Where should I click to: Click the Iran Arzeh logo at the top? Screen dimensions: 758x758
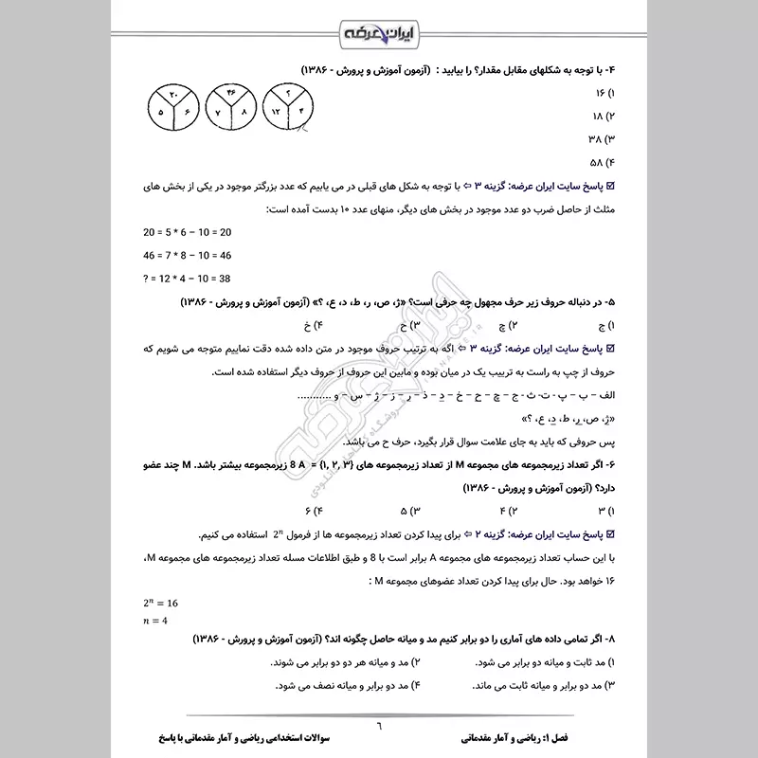pos(379,36)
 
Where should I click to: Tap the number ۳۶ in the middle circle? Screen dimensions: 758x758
pos(231,93)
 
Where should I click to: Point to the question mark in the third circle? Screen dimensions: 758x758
pos(288,93)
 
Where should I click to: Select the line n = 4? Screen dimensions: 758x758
pos(154,621)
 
